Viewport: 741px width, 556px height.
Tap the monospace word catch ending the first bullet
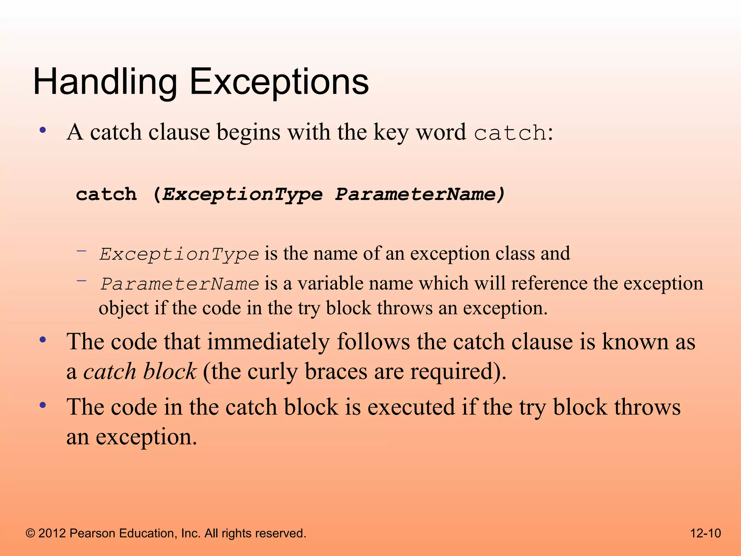click(x=510, y=133)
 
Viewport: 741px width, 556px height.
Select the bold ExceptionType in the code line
click(x=242, y=194)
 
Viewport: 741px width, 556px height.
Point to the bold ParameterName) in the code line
click(x=420, y=194)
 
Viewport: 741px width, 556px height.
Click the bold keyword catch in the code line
click(x=106, y=194)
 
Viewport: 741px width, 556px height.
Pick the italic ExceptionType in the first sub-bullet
click(x=179, y=254)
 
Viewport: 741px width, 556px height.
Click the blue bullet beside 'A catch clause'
click(x=43, y=130)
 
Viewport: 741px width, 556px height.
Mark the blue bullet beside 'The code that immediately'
click(x=43, y=340)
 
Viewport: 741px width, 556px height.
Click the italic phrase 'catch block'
click(x=140, y=372)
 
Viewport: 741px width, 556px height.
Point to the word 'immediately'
click(x=268, y=342)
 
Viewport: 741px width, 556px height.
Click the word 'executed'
click(x=411, y=407)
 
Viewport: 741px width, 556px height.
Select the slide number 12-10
click(x=706, y=533)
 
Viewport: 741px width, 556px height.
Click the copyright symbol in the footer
click(x=30, y=533)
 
